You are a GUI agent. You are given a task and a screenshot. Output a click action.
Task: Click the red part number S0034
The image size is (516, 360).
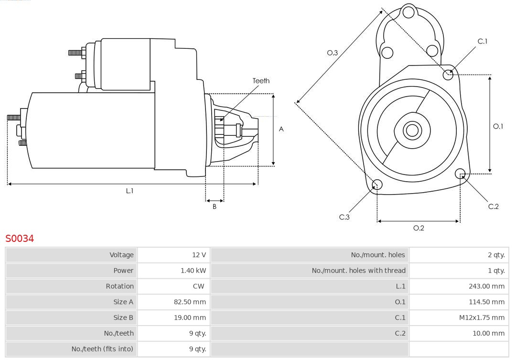click(20, 238)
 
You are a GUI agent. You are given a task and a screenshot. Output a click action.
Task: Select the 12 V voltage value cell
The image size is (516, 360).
click(199, 255)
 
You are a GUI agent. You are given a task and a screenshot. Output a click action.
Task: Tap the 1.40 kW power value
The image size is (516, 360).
click(193, 271)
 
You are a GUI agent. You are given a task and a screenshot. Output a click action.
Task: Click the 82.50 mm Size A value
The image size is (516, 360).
click(190, 302)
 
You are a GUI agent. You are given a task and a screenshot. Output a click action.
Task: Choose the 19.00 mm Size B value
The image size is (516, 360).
click(190, 317)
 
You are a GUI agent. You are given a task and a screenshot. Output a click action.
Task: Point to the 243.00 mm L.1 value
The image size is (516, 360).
click(486, 286)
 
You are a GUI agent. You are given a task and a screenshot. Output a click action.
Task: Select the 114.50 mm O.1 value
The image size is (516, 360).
click(486, 302)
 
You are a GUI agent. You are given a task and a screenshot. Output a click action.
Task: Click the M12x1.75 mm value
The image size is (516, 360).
click(482, 317)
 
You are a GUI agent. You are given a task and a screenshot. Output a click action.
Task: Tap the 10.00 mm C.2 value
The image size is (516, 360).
click(488, 333)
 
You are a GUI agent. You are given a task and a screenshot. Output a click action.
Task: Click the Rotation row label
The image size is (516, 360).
click(119, 286)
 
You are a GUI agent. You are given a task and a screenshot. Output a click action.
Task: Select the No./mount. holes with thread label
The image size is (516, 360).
click(358, 271)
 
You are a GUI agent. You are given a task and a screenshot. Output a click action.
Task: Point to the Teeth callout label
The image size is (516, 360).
click(261, 81)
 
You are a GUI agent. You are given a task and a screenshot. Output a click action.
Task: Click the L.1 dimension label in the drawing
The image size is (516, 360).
click(129, 191)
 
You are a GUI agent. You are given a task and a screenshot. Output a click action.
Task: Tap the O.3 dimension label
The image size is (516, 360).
click(332, 53)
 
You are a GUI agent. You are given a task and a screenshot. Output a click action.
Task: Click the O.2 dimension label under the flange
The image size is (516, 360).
click(419, 228)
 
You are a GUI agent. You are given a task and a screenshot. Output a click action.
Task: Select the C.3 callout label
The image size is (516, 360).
click(344, 217)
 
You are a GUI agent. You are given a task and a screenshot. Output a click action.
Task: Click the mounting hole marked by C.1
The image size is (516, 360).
click(448, 74)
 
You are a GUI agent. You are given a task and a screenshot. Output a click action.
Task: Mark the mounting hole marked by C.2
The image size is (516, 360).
click(461, 173)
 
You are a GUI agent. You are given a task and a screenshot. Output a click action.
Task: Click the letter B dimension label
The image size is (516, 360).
click(215, 207)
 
